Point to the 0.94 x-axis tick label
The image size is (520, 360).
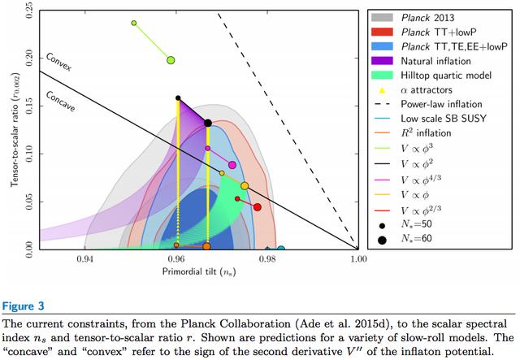pos(85,260)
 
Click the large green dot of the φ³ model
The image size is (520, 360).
pos(171,60)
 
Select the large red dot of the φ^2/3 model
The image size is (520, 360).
pos(257,207)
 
